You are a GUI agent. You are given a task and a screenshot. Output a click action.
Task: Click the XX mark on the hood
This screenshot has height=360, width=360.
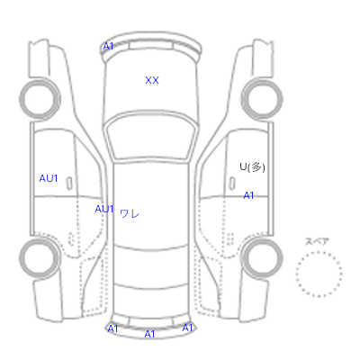click(x=152, y=80)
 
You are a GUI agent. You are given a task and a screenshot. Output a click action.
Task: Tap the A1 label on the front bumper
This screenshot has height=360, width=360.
click(x=108, y=46)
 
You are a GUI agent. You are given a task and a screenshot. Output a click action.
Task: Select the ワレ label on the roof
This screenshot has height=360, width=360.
click(x=130, y=214)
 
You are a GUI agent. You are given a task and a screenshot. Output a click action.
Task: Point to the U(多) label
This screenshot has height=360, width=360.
click(x=252, y=167)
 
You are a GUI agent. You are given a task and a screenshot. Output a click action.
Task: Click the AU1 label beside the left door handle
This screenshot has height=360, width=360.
click(x=49, y=178)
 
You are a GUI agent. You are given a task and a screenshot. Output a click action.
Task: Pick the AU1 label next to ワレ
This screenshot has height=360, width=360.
click(x=104, y=209)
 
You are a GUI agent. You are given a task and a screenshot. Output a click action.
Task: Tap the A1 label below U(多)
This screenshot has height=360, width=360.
click(x=248, y=195)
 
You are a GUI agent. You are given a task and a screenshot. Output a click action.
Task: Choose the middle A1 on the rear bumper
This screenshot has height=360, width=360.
click(x=149, y=334)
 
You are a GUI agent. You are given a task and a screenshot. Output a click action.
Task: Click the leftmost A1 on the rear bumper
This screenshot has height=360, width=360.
click(x=112, y=328)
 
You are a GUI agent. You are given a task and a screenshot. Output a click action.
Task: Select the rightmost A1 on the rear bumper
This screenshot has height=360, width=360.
click(x=187, y=328)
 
